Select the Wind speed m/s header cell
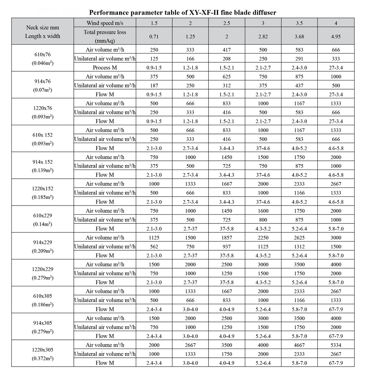pyautogui.click(x=105, y=23)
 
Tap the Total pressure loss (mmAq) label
pyautogui.click(x=105, y=36)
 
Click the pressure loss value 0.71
pyautogui.click(x=154, y=37)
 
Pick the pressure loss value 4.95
pyautogui.click(x=336, y=37)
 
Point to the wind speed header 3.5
pyautogui.click(x=299, y=23)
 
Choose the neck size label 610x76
pyautogui.click(x=43, y=54)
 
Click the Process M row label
pyautogui.click(x=105, y=68)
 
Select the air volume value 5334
pyautogui.click(x=336, y=345)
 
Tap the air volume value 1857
pyautogui.click(x=226, y=237)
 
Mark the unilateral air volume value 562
pyautogui.click(x=154, y=247)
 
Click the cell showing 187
pyautogui.click(x=154, y=86)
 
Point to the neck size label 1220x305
pyautogui.click(x=43, y=350)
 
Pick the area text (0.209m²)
pyautogui.click(x=43, y=251)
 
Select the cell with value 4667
pyautogui.click(x=299, y=345)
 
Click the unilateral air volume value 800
pyautogui.click(x=263, y=219)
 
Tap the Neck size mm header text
pyautogui.click(x=43, y=28)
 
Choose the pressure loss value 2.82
pyautogui.click(x=263, y=37)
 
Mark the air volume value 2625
pyautogui.click(x=299, y=237)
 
